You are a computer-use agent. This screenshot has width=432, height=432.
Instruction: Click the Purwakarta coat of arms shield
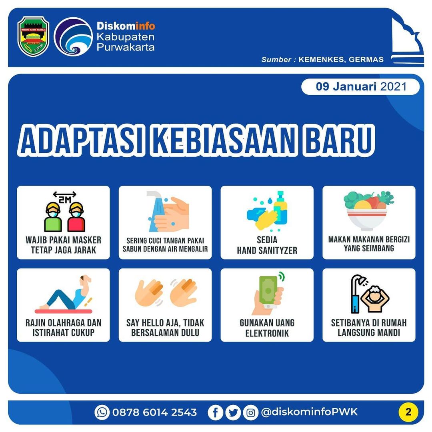tap(33, 36)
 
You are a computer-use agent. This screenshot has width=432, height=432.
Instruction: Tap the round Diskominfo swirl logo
tap(73, 36)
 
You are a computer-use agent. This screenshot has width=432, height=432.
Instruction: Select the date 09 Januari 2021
tap(360, 86)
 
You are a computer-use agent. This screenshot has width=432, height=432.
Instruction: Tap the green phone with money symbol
tap(269, 290)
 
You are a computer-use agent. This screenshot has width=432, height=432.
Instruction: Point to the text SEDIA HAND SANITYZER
tap(267, 246)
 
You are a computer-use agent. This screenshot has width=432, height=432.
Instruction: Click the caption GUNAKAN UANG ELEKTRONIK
tap(267, 328)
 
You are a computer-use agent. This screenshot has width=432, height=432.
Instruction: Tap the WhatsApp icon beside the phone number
tap(102, 412)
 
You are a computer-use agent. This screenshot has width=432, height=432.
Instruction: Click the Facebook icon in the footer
tap(215, 412)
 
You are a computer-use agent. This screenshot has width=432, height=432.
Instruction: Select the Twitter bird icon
tap(233, 412)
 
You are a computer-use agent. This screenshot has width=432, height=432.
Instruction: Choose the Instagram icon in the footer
tap(250, 412)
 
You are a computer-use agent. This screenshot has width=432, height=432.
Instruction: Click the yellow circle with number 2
tap(408, 412)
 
